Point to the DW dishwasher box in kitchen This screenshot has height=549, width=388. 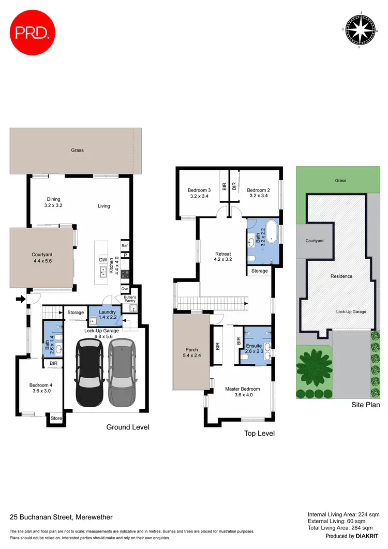[102, 260]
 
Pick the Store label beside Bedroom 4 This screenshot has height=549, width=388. [55, 418]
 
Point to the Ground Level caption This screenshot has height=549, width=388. [127, 427]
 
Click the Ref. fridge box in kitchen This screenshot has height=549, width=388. [125, 246]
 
